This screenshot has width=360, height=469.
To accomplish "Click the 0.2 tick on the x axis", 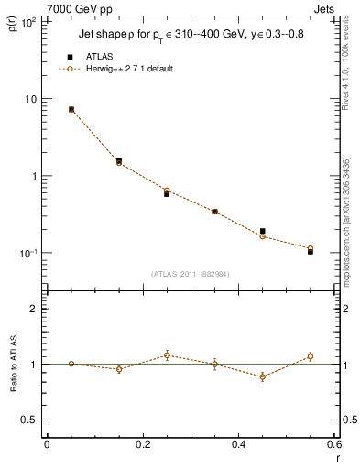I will pyautogui.click(x=142, y=446).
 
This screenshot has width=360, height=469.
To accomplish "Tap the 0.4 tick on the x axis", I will pyautogui.click(x=238, y=446).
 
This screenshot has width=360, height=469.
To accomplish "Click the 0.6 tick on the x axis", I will pyautogui.click(x=333, y=446).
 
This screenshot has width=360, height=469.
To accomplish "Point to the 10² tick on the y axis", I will pyautogui.click(x=29, y=22).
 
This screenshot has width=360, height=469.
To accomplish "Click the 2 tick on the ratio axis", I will pyautogui.click(x=33, y=309).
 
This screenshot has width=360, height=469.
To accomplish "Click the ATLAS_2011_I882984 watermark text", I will pyautogui.click(x=191, y=273).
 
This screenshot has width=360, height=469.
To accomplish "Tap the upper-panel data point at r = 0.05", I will pyautogui.click(x=71, y=109).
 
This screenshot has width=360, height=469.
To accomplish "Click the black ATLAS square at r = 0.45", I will pyautogui.click(x=263, y=231).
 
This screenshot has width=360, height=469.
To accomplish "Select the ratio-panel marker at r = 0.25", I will pyautogui.click(x=167, y=355).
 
